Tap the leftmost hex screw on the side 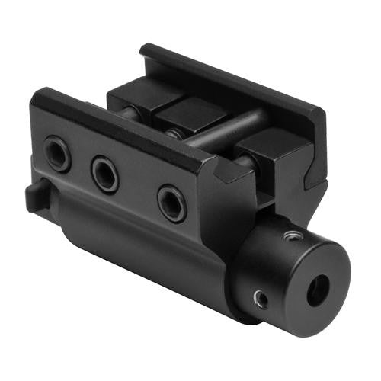coord(58,153)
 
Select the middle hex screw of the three coord(105,174)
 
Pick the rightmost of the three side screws coord(171,203)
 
